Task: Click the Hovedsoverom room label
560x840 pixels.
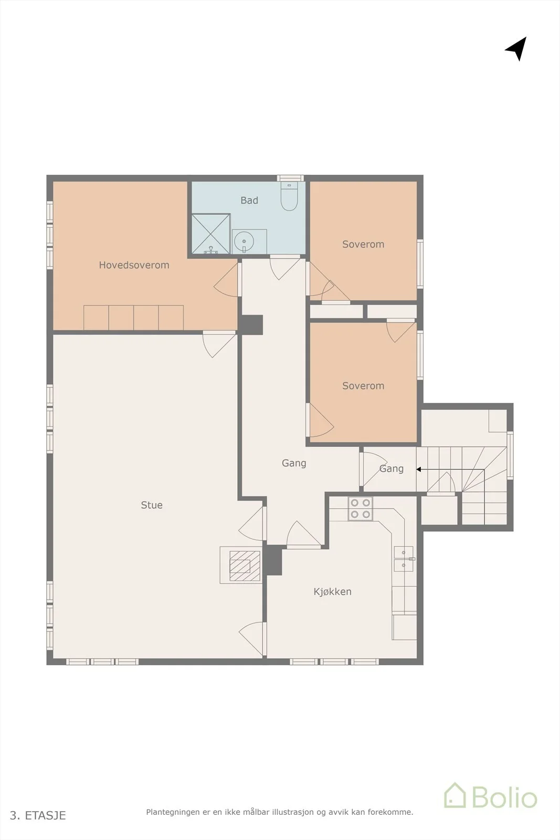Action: pyautogui.click(x=134, y=265)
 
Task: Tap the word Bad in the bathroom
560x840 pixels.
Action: pyautogui.click(x=249, y=200)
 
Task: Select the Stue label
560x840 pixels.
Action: pyautogui.click(x=152, y=505)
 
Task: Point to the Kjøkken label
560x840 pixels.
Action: pyautogui.click(x=332, y=591)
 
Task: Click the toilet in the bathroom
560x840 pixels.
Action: pyautogui.click(x=289, y=196)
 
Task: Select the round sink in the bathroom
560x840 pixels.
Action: pyautogui.click(x=244, y=241)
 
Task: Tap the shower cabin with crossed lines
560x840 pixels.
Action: pyautogui.click(x=210, y=234)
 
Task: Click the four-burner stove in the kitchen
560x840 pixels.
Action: pyautogui.click(x=360, y=509)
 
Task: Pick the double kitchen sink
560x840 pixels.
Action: pyautogui.click(x=404, y=559)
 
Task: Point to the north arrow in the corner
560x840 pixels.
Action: pyautogui.click(x=516, y=48)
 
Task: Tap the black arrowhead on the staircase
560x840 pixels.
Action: pyautogui.click(x=419, y=469)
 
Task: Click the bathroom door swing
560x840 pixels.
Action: pyautogui.click(x=285, y=268)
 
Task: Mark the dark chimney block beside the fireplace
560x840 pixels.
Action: pyautogui.click(x=273, y=560)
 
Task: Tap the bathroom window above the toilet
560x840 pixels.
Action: pyautogui.click(x=290, y=178)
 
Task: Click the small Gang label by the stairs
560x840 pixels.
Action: pyautogui.click(x=392, y=469)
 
